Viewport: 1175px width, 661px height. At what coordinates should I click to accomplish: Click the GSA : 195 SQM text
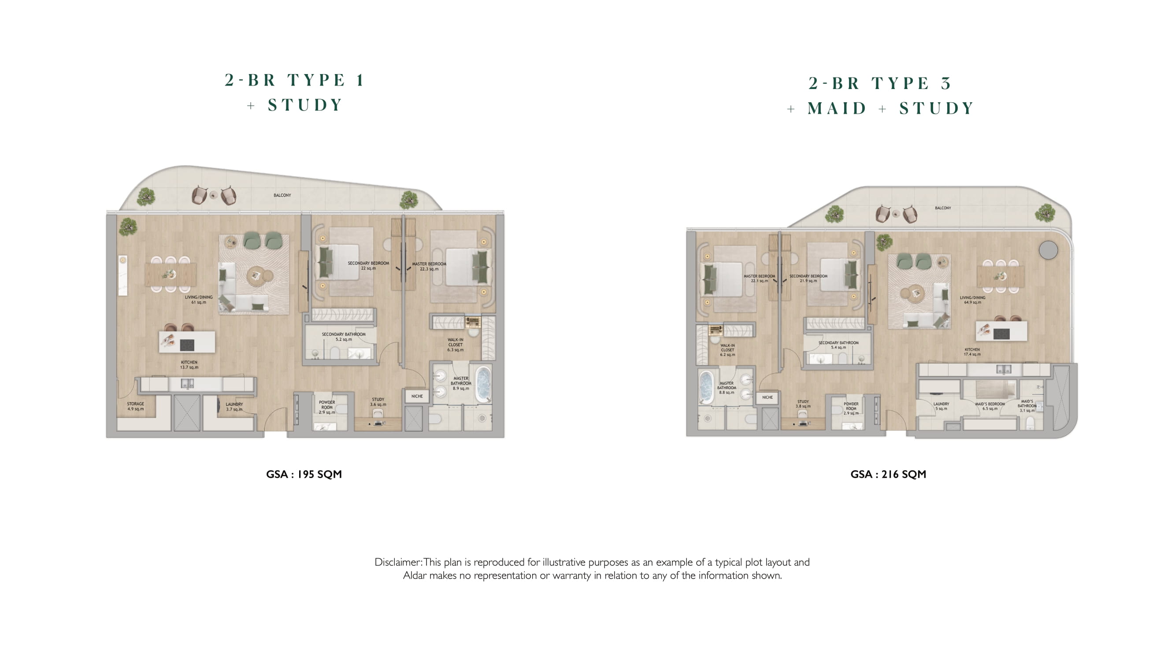304,474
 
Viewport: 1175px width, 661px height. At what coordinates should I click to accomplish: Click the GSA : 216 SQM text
888,474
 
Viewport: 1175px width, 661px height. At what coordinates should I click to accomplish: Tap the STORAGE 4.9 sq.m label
135,406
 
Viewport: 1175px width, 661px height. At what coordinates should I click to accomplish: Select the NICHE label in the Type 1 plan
417,396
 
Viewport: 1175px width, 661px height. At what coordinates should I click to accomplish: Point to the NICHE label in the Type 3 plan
767,397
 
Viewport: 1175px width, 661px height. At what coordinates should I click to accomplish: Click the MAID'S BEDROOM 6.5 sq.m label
990,406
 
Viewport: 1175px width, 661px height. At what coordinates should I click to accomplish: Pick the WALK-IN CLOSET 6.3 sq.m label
455,345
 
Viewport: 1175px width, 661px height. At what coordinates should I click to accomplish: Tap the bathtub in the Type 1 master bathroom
482,384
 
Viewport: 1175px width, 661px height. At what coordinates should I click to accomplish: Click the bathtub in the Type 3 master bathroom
706,387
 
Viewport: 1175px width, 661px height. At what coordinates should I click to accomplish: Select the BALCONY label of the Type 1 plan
282,195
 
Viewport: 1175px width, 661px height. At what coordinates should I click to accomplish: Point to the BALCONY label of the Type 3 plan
943,208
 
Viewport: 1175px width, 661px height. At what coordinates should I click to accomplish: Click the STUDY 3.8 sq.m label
803,404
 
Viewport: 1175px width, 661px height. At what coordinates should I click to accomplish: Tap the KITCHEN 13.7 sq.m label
189,364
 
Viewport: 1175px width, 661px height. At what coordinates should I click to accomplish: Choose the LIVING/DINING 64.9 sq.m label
972,300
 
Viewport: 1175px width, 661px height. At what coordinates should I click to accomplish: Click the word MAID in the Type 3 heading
837,108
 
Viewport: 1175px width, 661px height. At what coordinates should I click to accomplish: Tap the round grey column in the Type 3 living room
1048,250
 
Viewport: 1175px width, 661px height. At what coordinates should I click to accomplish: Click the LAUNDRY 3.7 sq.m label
234,406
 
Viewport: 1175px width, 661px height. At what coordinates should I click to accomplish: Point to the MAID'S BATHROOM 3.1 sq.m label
1027,406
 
